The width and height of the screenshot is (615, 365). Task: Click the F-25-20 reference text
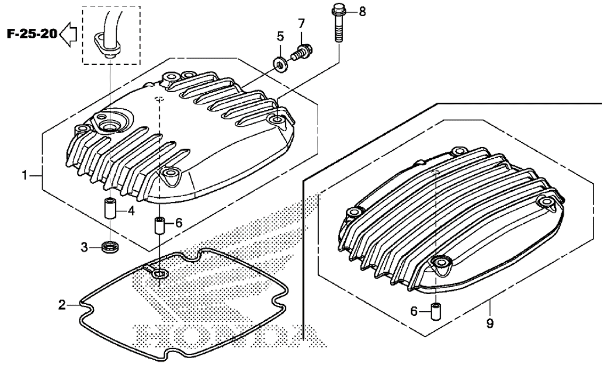pyautogui.click(x=33, y=34)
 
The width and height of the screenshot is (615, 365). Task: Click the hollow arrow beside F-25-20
pyautogui.click(x=68, y=35)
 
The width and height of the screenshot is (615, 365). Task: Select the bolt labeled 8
pyautogui.click(x=338, y=23)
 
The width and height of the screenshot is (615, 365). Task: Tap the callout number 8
pyautogui.click(x=362, y=12)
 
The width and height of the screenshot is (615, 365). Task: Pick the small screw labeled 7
pyautogui.click(x=301, y=53)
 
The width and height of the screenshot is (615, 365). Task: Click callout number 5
pyautogui.click(x=280, y=36)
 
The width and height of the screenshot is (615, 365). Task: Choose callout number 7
pyautogui.click(x=301, y=23)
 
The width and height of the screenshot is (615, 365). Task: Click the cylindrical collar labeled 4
pyautogui.click(x=109, y=209)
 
